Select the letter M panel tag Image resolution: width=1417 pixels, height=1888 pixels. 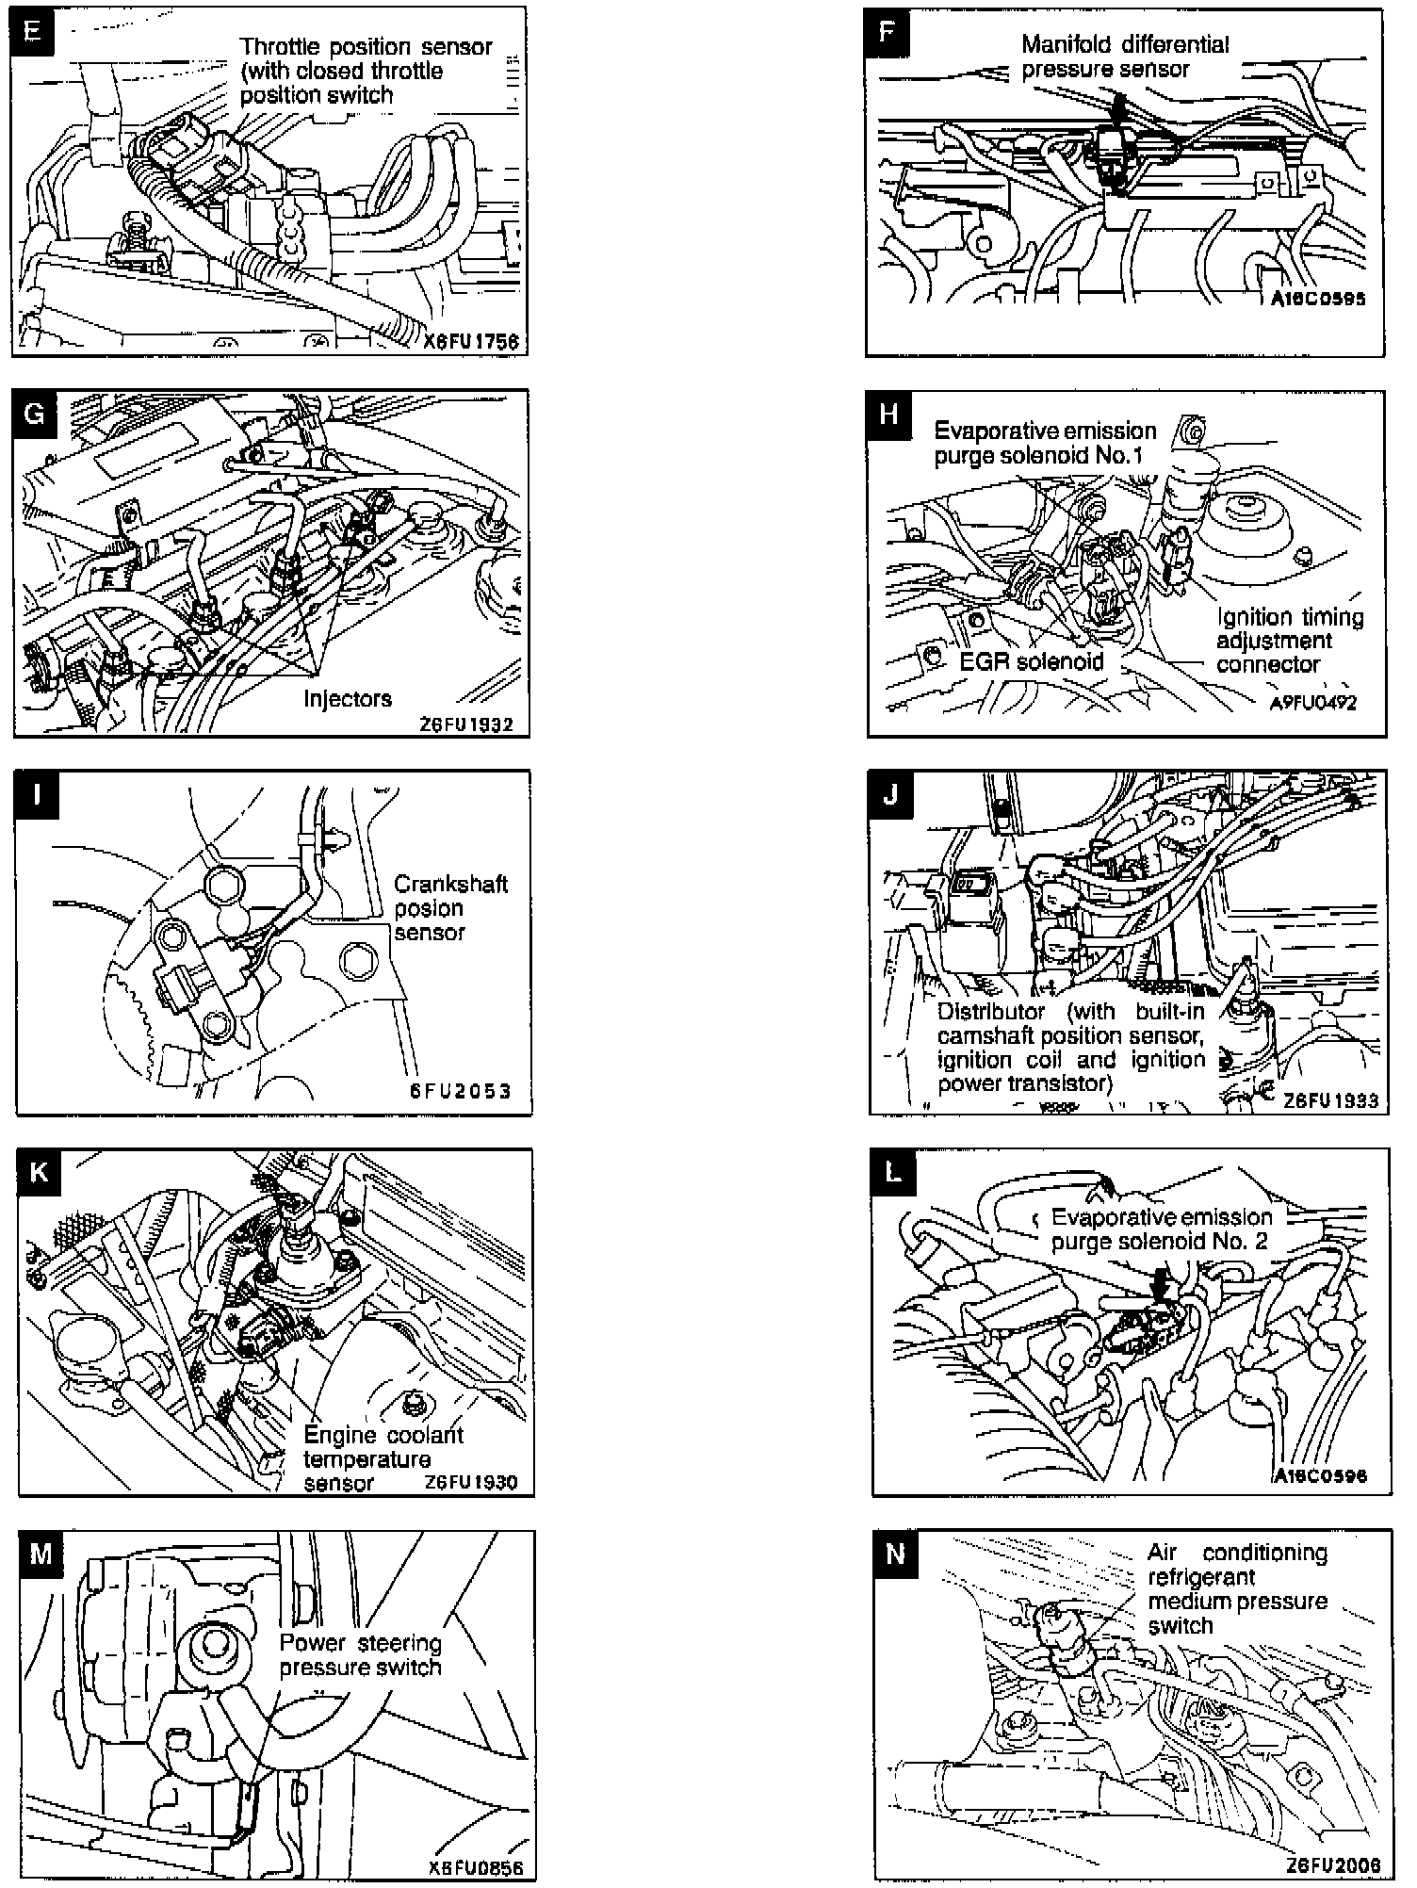pos(41,1554)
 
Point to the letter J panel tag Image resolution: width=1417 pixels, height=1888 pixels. pos(891,794)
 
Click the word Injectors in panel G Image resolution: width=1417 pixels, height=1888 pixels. pos(348,698)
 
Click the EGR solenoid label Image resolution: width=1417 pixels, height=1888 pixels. pos(1031,661)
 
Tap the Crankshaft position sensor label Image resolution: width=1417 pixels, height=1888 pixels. pos(450,908)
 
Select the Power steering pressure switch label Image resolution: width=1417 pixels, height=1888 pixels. pos(361,1655)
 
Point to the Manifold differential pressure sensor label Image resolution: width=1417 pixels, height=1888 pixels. pos(1125,57)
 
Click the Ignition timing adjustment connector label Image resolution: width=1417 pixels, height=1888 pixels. pos(1290,641)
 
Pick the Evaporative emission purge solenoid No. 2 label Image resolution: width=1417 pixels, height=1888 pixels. pos(1161,1229)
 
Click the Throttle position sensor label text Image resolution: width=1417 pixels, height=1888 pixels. pos(366,71)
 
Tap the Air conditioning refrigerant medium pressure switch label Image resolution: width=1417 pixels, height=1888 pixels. pos(1237,1588)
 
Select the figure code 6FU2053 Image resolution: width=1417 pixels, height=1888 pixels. pos(461,1091)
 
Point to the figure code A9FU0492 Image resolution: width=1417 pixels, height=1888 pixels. pos(1313,703)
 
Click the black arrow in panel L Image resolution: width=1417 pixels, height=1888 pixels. pos(1161,1282)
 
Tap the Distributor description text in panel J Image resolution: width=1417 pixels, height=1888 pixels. pos(1072,1047)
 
